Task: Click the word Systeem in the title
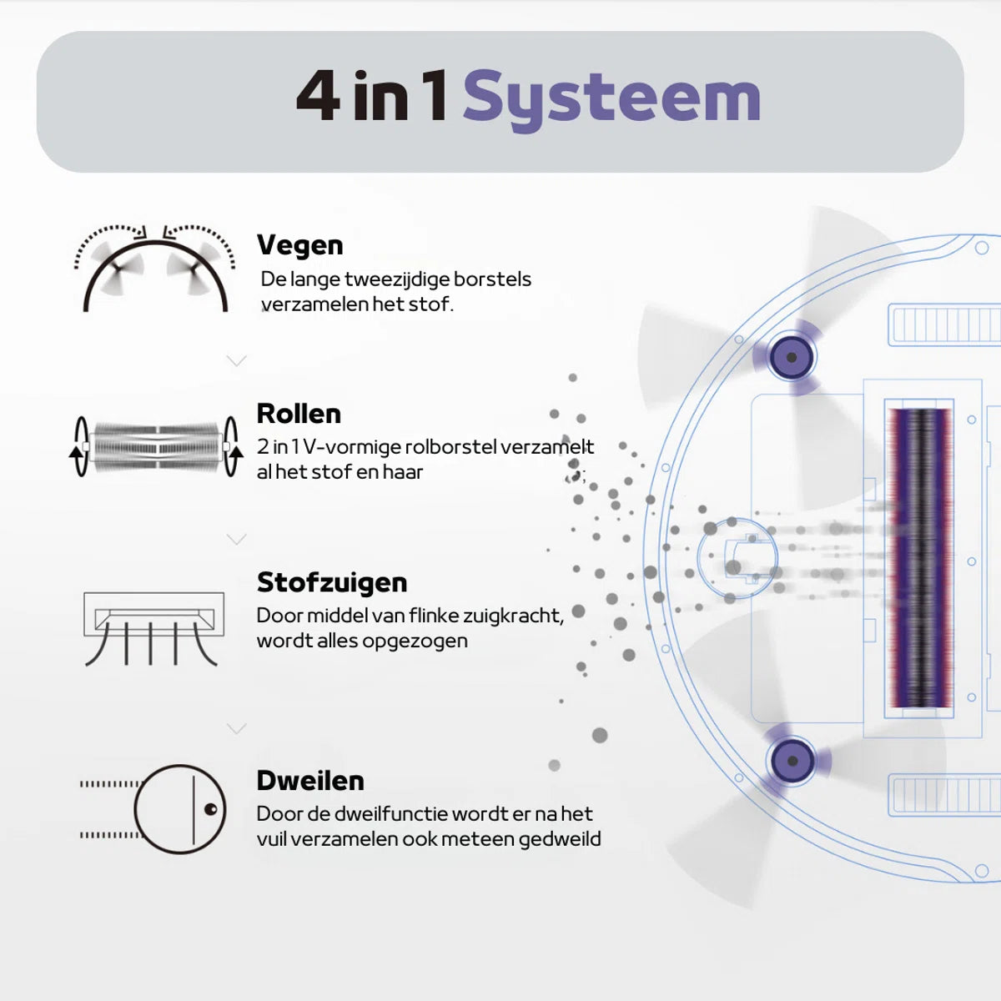(611, 98)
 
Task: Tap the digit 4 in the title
(318, 97)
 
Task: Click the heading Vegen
(299, 245)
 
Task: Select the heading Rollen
(299, 414)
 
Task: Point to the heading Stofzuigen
(332, 582)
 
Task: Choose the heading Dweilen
(310, 781)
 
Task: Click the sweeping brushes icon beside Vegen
(155, 268)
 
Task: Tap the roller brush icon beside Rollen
(156, 446)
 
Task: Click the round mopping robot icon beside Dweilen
(179, 808)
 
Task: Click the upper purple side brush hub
(792, 358)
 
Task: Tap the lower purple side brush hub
(792, 761)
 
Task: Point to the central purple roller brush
(918, 559)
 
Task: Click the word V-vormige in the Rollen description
(351, 447)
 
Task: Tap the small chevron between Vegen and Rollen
(237, 361)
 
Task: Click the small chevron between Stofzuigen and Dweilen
(237, 729)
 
